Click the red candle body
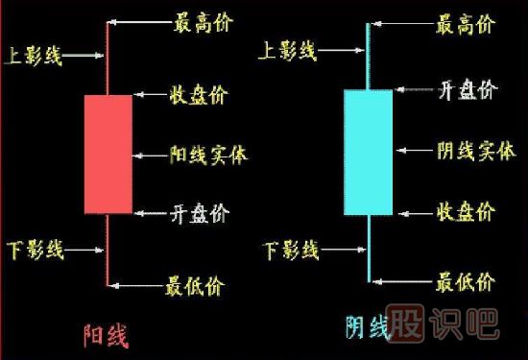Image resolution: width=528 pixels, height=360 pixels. click(x=108, y=154)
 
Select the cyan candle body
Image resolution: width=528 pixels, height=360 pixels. click(x=369, y=152)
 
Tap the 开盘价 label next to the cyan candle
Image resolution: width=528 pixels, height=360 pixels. click(x=467, y=91)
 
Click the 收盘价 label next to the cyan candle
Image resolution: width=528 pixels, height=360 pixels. click(x=467, y=211)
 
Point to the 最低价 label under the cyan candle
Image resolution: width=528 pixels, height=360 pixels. click(x=466, y=282)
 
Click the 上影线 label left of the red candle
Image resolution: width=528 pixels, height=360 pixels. click(x=34, y=56)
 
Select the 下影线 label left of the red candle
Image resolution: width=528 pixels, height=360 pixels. click(x=34, y=252)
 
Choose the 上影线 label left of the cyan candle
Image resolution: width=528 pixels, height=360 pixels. click(x=288, y=51)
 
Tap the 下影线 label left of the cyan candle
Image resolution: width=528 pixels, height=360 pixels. click(x=291, y=252)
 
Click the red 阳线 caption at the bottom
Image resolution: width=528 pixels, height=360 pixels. click(x=107, y=336)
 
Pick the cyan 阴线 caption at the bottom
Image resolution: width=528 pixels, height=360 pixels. click(x=368, y=329)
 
